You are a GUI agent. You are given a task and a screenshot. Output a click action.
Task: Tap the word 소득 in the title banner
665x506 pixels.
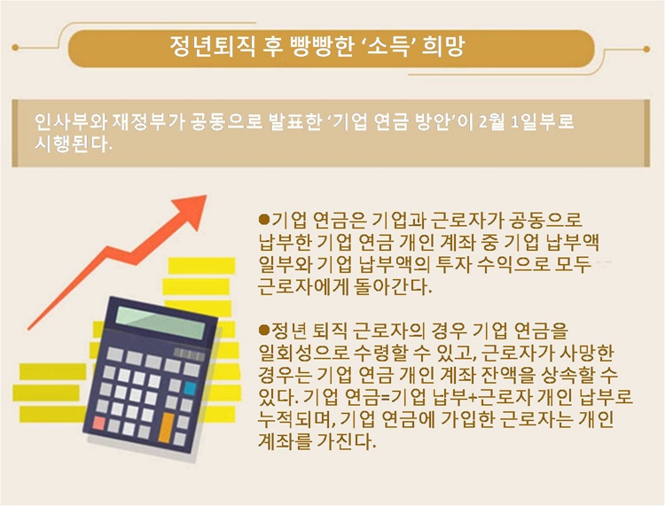click(x=391, y=46)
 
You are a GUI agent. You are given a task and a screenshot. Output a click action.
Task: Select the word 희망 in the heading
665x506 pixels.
click(x=443, y=46)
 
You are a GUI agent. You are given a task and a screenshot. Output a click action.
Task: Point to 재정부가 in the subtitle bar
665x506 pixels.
click(x=148, y=121)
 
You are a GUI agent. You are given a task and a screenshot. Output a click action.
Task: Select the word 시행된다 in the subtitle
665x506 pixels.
click(x=72, y=144)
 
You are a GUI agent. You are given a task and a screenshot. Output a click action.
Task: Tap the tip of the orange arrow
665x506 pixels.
click(x=206, y=195)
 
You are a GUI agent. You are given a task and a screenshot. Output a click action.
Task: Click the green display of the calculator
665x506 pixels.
click(x=161, y=323)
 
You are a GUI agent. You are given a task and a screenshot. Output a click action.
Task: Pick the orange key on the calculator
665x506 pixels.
click(x=167, y=426)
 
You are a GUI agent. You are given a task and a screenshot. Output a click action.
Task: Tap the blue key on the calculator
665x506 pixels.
click(x=190, y=388)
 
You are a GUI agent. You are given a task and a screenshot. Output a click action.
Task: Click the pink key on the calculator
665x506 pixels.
click(x=99, y=423)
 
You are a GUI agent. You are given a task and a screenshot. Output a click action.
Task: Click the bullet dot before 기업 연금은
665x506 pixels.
click(x=264, y=219)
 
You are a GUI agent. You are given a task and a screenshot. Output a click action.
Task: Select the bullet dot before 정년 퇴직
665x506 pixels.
click(x=264, y=330)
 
